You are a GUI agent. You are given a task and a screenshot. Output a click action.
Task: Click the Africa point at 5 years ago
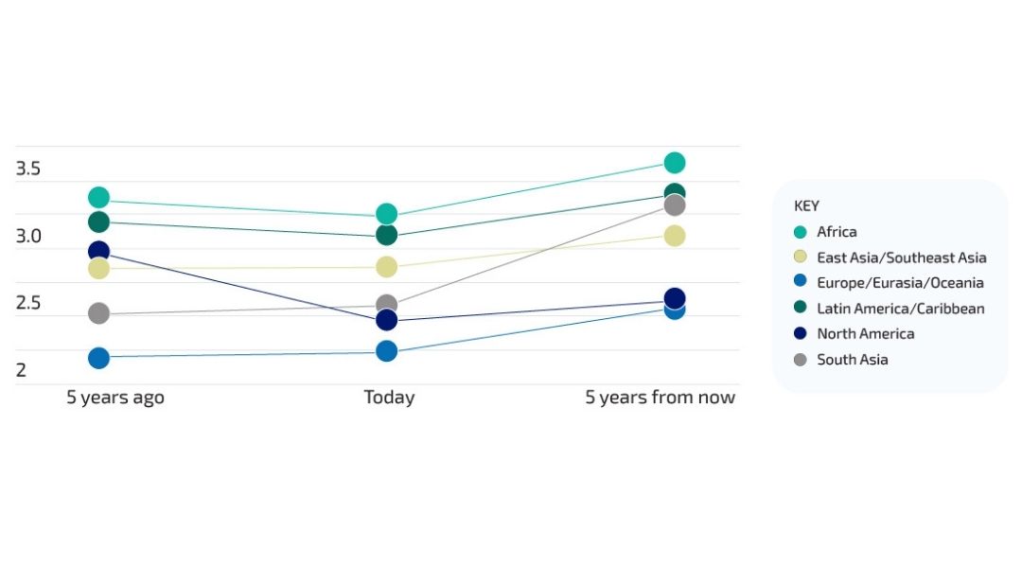(x=98, y=197)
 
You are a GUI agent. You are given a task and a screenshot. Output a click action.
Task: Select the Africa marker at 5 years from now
(x=675, y=163)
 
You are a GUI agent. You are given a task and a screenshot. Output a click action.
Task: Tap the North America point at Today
(x=386, y=320)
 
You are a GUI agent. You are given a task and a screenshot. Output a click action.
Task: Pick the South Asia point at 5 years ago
(x=98, y=313)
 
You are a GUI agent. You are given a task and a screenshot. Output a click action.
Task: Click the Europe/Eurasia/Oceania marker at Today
(x=386, y=351)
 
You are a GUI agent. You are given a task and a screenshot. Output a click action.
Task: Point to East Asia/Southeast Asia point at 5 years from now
(x=675, y=236)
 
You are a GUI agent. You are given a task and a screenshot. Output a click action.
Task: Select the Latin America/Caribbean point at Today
(x=386, y=235)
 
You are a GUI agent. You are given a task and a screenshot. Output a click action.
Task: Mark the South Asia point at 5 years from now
(x=675, y=205)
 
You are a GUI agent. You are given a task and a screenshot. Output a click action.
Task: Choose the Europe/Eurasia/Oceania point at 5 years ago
(x=98, y=357)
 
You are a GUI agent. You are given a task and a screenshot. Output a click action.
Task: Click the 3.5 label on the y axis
(x=28, y=169)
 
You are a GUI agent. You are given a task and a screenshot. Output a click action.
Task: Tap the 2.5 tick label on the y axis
(x=28, y=303)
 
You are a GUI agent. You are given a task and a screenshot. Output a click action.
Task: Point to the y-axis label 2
(x=21, y=370)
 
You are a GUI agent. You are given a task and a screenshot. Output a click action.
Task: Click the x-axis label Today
(x=389, y=398)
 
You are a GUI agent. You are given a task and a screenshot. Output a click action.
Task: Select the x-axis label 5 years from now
(x=660, y=398)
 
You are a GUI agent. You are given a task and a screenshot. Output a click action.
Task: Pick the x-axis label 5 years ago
(x=115, y=398)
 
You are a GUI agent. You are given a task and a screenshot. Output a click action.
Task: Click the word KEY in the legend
(x=806, y=206)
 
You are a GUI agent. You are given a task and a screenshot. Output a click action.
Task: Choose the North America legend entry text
(x=866, y=334)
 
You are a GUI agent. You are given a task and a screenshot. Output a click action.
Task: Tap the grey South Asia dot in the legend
(x=801, y=360)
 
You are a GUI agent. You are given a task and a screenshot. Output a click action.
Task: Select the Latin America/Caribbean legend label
(x=901, y=309)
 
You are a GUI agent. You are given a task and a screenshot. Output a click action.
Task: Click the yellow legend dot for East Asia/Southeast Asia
(x=801, y=257)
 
